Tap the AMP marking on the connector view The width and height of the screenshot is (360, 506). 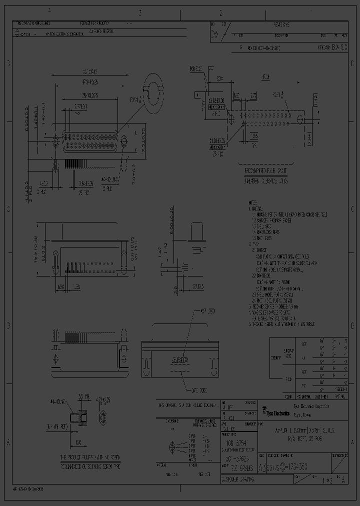point(180,360)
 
